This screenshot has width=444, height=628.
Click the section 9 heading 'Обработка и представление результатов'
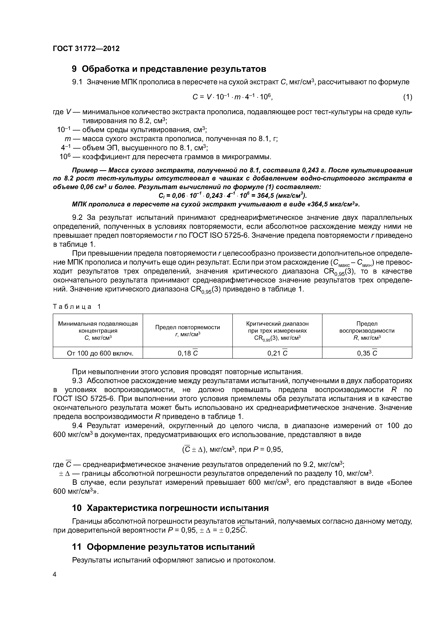click(169, 69)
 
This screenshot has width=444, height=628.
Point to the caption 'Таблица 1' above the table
click(77, 307)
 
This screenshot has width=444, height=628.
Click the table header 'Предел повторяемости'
click(187, 327)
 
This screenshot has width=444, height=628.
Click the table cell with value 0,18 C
click(188, 353)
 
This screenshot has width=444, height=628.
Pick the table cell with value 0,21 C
click(277, 353)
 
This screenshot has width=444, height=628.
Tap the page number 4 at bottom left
click(54, 574)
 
